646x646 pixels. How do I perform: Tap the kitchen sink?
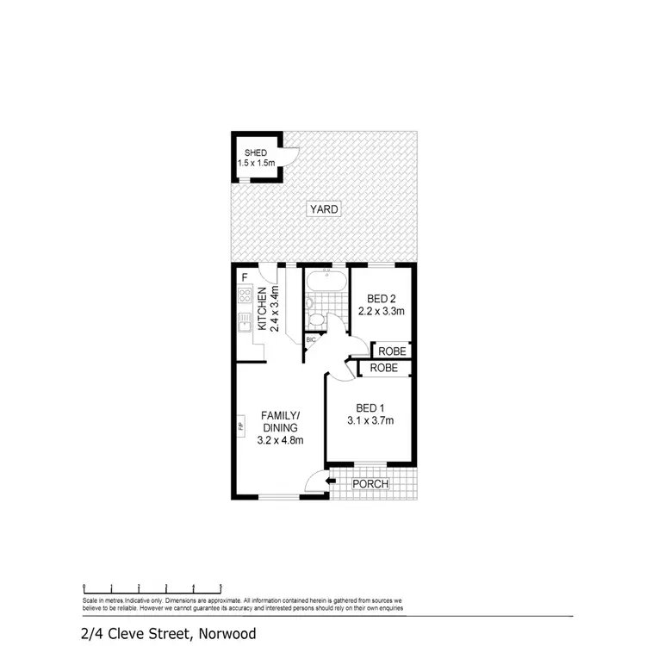pos(243,326)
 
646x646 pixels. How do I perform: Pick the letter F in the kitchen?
pos(245,277)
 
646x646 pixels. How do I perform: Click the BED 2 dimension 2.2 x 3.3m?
pos(382,311)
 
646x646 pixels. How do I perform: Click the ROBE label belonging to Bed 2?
pos(389,351)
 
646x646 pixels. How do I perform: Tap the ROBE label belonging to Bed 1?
pos(383,369)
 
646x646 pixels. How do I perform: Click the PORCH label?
pos(372,484)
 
